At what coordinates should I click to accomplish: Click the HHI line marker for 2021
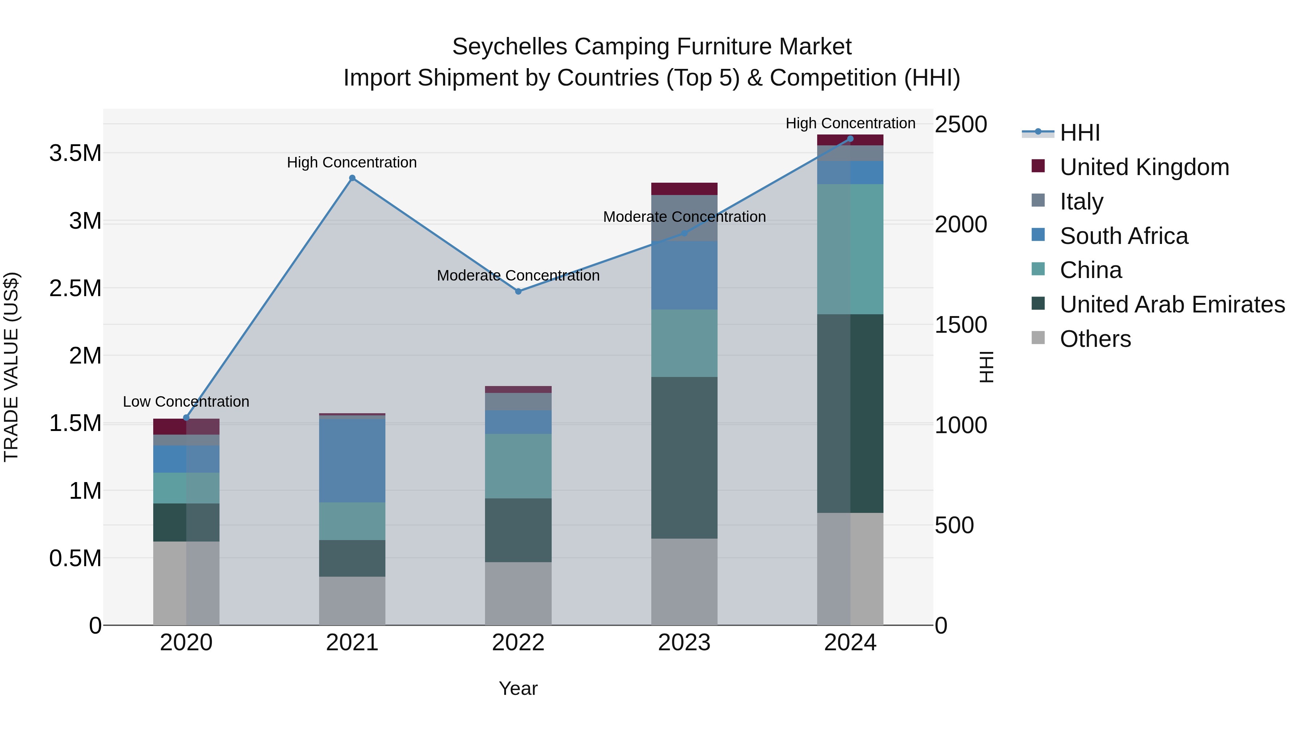[352, 178]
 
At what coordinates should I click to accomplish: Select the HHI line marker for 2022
[518, 291]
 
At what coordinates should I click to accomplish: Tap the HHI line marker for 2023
[684, 233]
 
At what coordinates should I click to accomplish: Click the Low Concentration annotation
[186, 401]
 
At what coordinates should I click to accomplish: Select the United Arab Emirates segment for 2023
[684, 457]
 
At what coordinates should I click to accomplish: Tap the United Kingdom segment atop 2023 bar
[684, 188]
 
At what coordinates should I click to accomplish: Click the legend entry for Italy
[1081, 201]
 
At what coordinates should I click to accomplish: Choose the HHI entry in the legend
[1079, 133]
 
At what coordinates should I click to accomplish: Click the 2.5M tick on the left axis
[75, 288]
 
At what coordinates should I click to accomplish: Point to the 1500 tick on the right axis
[960, 325]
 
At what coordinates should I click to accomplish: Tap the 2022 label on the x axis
[518, 642]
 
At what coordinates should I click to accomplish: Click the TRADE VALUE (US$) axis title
[11, 367]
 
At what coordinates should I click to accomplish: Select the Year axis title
[518, 688]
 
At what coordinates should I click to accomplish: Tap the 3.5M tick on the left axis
[75, 153]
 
